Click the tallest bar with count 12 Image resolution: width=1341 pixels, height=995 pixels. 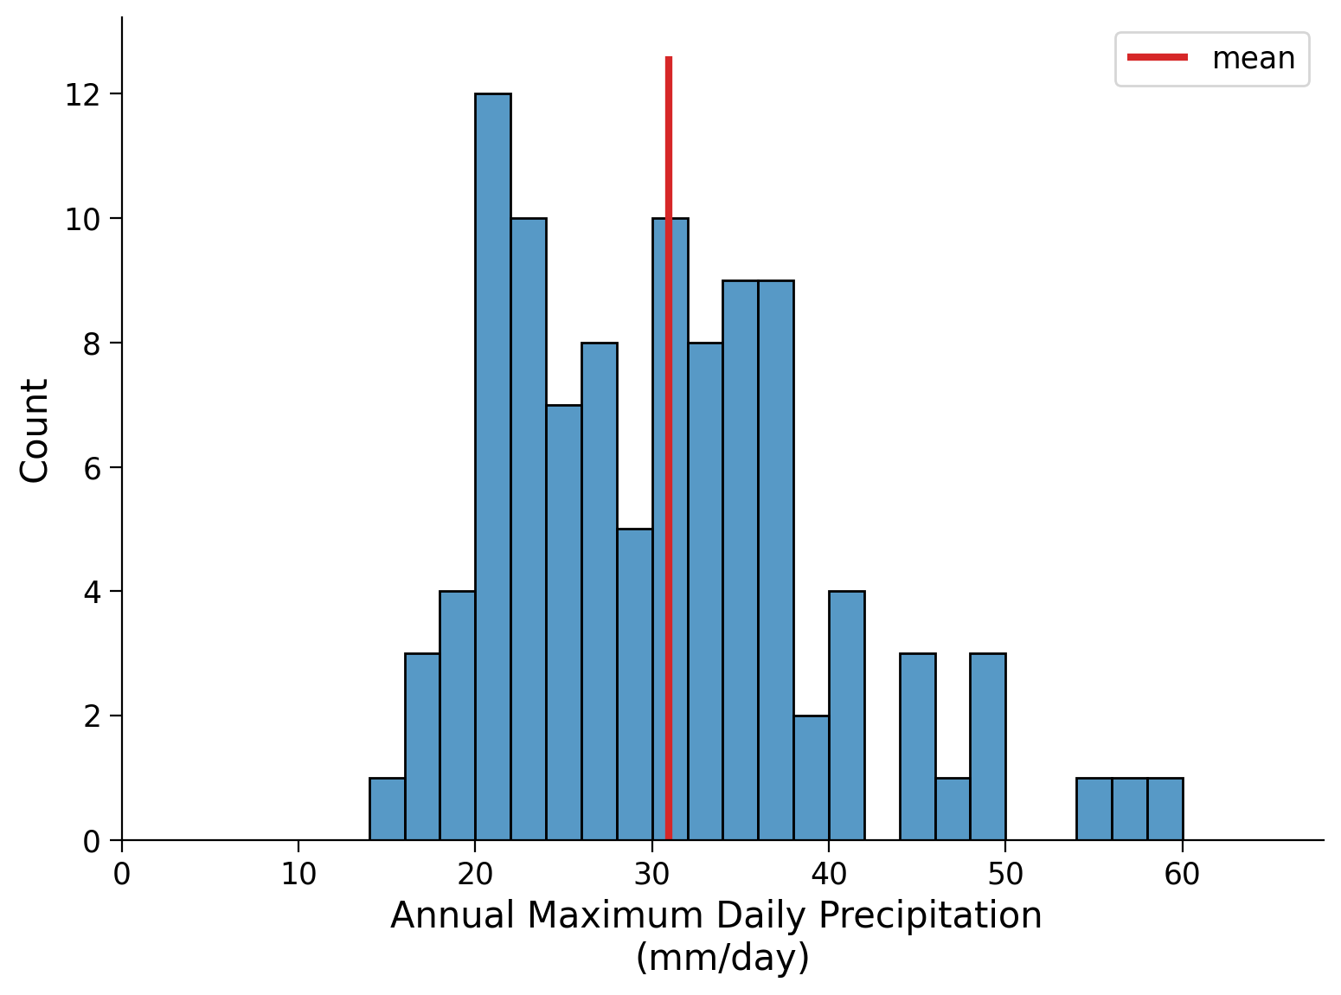[x=492, y=467]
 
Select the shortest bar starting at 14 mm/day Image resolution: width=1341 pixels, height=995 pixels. [x=387, y=810]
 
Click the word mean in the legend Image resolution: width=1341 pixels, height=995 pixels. [x=1254, y=59]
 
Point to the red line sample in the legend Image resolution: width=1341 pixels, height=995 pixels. [x=1158, y=58]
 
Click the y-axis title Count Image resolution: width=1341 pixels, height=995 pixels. [x=35, y=430]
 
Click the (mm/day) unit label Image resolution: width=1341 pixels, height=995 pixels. [x=722, y=958]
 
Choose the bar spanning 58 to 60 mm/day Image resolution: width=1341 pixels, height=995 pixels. [x=1165, y=810]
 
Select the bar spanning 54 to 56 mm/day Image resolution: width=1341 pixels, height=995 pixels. [x=1094, y=810]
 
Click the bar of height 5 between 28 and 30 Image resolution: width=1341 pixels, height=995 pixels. [x=634, y=684]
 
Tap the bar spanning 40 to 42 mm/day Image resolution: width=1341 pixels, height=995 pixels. [x=846, y=716]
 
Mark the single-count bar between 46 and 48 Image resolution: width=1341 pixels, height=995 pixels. [x=953, y=810]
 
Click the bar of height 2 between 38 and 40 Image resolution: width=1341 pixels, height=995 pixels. [x=811, y=778]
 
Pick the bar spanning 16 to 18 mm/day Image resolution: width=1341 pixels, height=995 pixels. [x=422, y=747]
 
